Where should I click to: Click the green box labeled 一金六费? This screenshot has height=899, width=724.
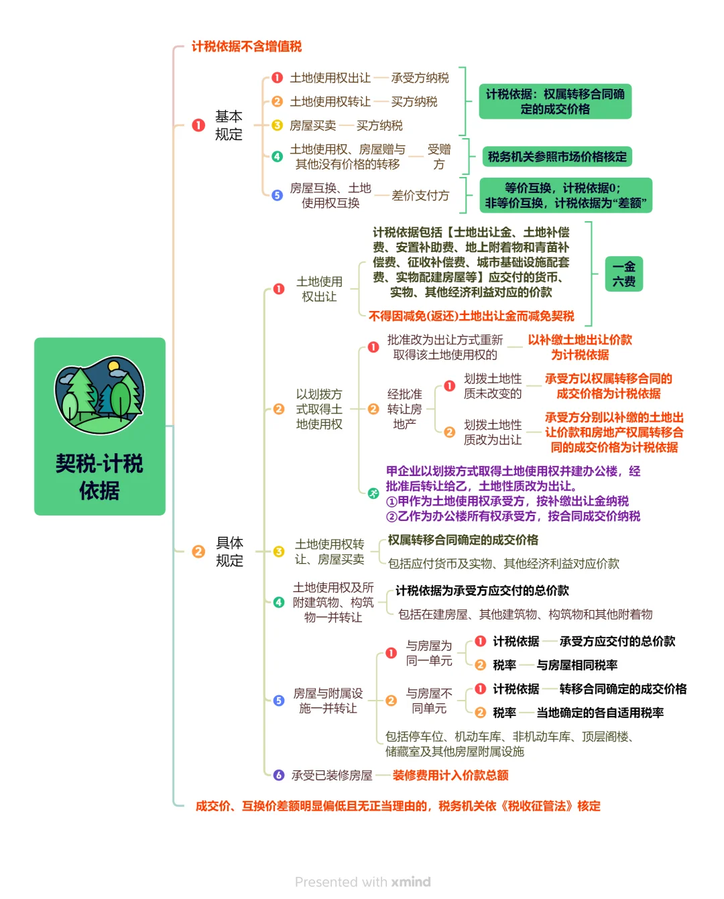coord(623,274)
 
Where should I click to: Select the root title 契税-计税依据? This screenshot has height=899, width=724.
coord(99,477)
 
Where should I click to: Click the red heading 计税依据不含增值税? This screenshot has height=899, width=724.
coord(247,46)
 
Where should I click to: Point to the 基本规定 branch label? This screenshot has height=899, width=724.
coord(229,125)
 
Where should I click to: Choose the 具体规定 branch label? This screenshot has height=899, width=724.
coord(229,552)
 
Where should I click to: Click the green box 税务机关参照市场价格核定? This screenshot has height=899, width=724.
coord(556,157)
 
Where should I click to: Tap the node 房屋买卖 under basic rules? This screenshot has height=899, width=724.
coord(313,125)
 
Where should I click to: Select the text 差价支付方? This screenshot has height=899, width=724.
coord(420,195)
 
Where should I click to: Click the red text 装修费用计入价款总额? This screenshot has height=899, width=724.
coord(450,775)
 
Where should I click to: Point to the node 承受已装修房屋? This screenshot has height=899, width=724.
coord(331,775)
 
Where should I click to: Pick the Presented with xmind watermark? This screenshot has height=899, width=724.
coord(363,882)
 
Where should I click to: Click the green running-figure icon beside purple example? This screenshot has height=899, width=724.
coord(373,493)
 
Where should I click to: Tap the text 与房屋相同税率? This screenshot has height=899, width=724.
coord(577,665)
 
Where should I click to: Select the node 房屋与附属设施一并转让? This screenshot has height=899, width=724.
coord(328,701)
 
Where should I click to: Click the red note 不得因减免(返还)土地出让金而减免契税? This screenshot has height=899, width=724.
coord(471,316)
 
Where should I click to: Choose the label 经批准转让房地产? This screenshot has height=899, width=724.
coord(404,409)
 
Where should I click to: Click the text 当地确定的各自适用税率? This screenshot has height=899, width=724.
coord(600,713)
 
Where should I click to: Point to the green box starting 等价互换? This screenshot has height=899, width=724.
coord(566,195)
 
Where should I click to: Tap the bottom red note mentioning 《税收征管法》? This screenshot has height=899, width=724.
coord(398,806)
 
